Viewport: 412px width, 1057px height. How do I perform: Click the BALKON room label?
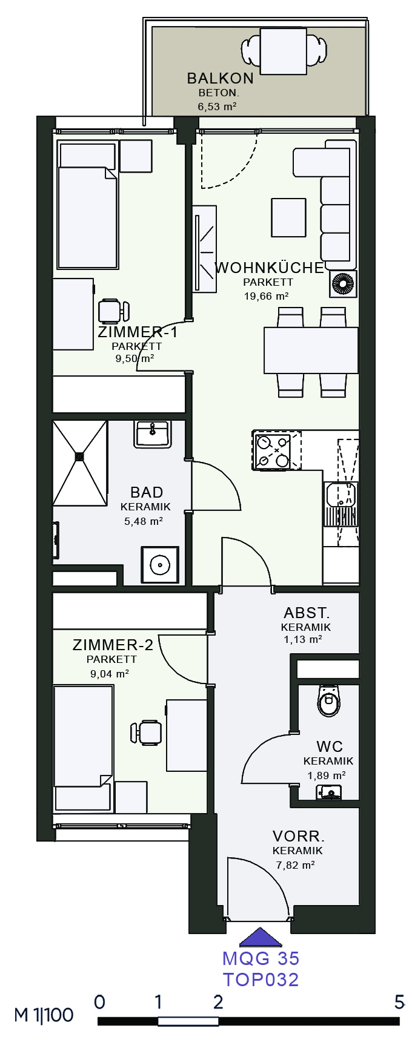click(220, 78)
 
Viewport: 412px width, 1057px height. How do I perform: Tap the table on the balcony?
click(283, 51)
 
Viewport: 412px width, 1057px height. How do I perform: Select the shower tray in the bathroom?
click(79, 463)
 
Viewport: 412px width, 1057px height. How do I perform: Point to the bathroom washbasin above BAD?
click(153, 434)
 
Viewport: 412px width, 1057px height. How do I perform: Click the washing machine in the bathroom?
click(160, 565)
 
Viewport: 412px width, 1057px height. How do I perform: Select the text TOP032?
click(261, 980)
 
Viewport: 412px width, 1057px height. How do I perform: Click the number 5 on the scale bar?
click(399, 1002)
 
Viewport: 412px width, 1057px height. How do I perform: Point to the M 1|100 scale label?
click(44, 1015)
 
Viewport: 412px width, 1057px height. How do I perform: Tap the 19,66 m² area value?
click(266, 297)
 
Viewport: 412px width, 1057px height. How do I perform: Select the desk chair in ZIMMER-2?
click(146, 732)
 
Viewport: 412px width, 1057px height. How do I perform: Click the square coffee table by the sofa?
click(288, 217)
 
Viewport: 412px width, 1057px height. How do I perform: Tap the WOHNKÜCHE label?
click(270, 268)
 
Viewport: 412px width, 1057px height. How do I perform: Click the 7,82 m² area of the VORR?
click(295, 865)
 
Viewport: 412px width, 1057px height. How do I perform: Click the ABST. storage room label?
click(306, 613)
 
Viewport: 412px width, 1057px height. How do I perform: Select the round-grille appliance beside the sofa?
click(343, 284)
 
